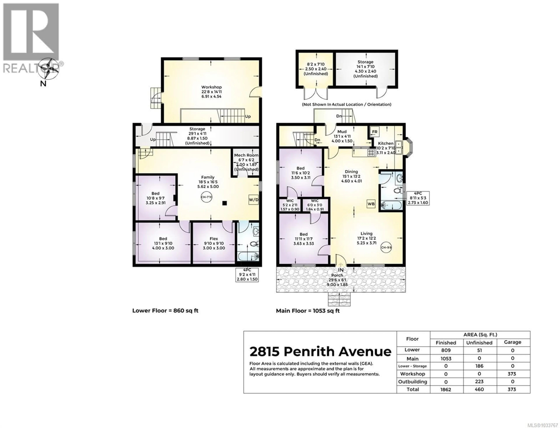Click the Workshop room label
211,87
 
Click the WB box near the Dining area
371,204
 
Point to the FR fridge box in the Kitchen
374,132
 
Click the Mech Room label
246,155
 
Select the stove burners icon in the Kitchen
371,153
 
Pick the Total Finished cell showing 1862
446,390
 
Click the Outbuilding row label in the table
412,382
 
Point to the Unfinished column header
479,343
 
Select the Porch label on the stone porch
337,275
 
